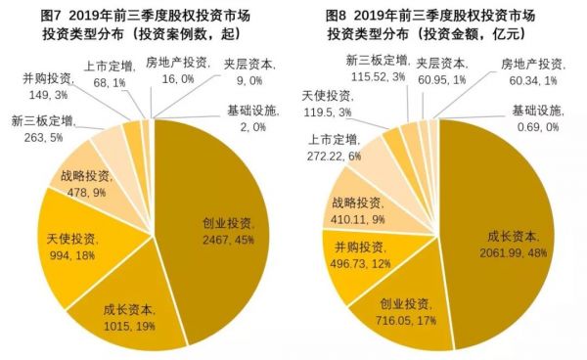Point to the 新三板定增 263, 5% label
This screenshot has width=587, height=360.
39,130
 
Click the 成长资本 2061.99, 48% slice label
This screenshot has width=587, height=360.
516,243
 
